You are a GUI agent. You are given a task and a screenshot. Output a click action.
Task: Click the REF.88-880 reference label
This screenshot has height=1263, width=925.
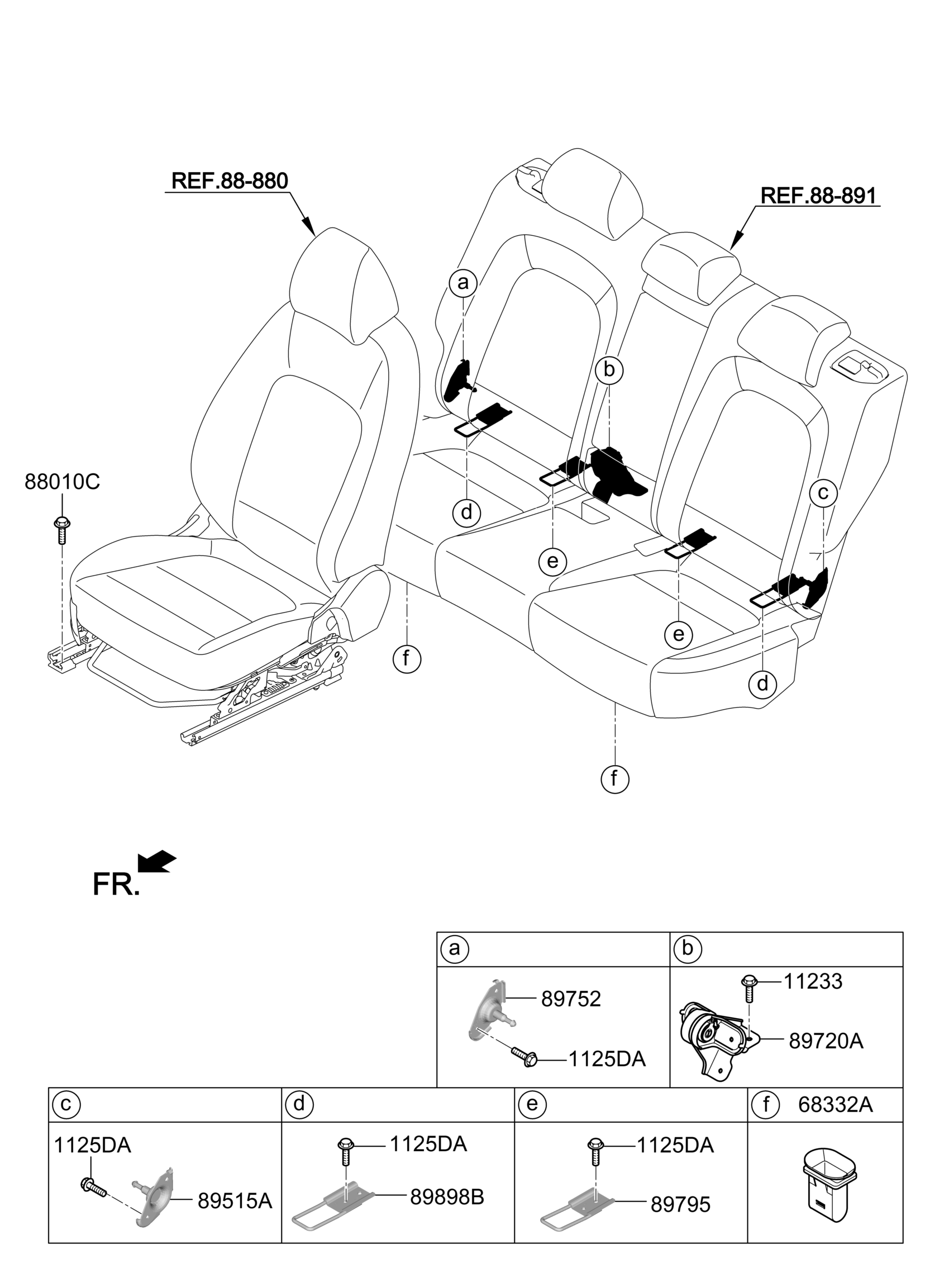(230, 181)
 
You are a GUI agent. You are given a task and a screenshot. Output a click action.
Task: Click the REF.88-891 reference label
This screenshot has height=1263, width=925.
(818, 196)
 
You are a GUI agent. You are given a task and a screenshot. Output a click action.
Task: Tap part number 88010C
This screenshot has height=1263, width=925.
(62, 482)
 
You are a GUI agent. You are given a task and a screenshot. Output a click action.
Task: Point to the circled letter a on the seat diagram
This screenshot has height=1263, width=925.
(463, 283)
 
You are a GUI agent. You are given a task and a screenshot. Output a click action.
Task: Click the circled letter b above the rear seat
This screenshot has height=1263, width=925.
(609, 369)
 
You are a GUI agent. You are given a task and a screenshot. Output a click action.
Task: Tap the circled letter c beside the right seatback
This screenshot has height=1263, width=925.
(823, 493)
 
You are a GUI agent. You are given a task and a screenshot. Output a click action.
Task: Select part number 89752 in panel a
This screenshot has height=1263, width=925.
(570, 999)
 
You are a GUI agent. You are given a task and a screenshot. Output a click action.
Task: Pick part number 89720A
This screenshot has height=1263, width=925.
(826, 1041)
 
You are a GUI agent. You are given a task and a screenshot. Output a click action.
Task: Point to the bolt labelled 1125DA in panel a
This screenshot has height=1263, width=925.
(525, 1057)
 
